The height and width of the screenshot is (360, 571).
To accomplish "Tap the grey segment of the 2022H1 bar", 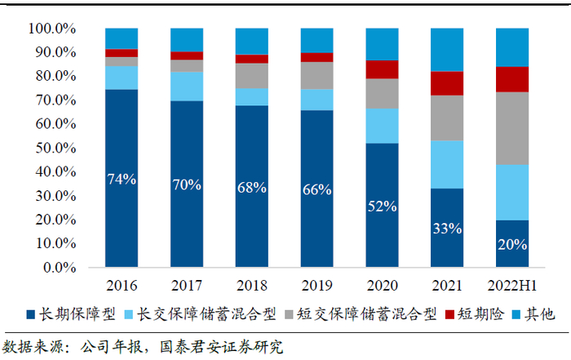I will pyautogui.click(x=512, y=128).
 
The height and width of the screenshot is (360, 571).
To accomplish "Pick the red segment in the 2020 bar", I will pyautogui.click(x=382, y=69).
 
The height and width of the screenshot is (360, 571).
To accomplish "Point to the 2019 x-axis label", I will pyautogui.click(x=316, y=286).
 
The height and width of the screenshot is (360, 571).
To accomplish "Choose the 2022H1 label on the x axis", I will pyautogui.click(x=512, y=286).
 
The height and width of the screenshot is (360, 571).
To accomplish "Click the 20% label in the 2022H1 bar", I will pyautogui.click(x=512, y=243).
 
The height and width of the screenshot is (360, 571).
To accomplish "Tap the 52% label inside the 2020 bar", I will pyautogui.click(x=382, y=206).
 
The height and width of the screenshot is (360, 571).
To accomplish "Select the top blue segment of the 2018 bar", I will pyautogui.click(x=251, y=41).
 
